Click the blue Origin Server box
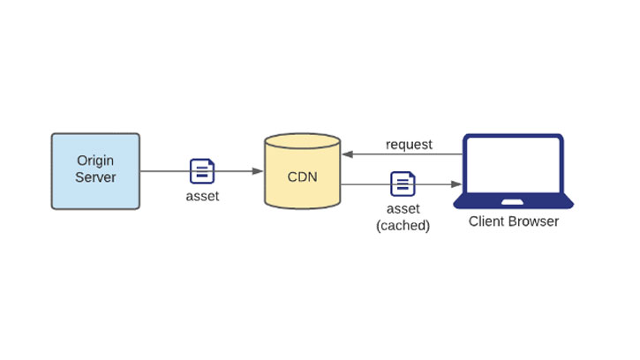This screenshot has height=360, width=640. coord(95,171)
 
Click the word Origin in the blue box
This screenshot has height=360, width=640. coord(95,161)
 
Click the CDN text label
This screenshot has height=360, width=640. coord(303,176)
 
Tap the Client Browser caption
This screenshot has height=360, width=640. coord(513,221)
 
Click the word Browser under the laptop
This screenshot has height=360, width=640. coord(534,221)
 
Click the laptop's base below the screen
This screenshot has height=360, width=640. coord(513,203)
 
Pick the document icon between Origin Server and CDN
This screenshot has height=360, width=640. coord(201,171)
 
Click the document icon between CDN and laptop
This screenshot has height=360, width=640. coord(403,184)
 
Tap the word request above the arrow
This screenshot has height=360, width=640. coord(409,144)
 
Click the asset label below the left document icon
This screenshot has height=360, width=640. coord(201,196)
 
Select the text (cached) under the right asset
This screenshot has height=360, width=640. coord(403,225)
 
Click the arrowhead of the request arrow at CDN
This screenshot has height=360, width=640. coord(348,154)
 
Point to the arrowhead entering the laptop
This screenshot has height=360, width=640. coord(456,184)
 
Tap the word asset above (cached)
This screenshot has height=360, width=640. coord(403,209)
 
